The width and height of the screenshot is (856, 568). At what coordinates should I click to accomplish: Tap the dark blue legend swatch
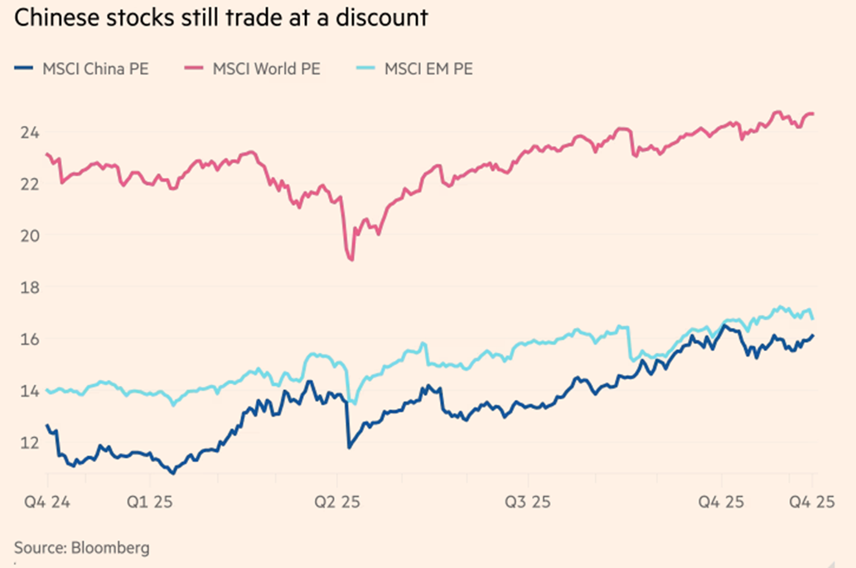pos(25,69)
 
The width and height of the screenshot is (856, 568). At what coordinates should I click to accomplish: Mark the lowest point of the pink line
pos(352,260)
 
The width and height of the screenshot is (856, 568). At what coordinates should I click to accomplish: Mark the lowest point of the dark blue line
pos(172,473)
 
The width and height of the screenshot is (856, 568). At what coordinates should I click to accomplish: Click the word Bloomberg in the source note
pos(110,548)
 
